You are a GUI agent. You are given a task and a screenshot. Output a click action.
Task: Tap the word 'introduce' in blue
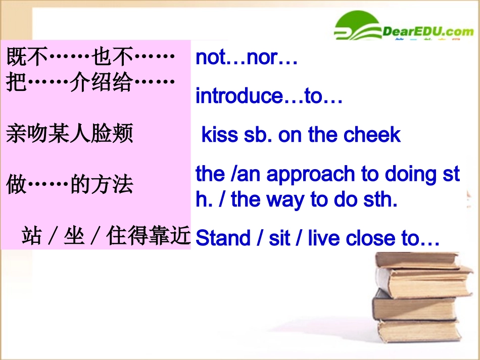239,96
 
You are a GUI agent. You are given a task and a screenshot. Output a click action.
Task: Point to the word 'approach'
311,175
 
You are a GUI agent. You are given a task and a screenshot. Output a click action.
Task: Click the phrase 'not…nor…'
246,58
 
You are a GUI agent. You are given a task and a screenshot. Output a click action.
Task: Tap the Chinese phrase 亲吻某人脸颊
70,135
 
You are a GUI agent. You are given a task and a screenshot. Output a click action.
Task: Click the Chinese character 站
31,236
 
